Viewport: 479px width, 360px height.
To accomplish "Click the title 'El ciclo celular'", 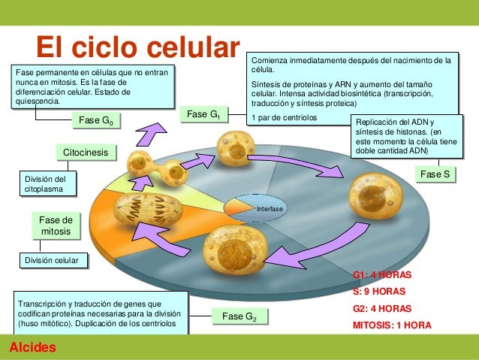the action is tap(138, 47).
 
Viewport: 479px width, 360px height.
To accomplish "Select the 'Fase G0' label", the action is tap(96, 120).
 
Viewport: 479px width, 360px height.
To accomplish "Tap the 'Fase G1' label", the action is tap(203, 114).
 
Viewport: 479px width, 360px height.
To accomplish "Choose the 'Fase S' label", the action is tap(435, 174).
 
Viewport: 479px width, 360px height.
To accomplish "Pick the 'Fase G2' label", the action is tap(239, 316).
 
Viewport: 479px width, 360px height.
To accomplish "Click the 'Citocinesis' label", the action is tap(86, 153).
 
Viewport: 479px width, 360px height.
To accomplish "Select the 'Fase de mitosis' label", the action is tap(56, 225).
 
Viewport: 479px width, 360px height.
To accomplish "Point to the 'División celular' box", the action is tap(54, 261).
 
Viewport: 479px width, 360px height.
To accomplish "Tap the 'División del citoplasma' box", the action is tap(48, 184).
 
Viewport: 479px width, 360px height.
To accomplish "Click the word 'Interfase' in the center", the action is tap(270, 209).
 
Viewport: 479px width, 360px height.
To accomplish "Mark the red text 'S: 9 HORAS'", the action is tap(379, 291).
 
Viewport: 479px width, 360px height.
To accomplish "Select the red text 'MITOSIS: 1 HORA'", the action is tap(392, 325).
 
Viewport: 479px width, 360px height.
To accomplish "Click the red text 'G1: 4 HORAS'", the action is tap(382, 274).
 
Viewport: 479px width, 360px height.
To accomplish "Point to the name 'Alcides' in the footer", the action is tap(33, 347).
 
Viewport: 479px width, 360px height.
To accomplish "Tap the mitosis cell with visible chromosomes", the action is tap(148, 209).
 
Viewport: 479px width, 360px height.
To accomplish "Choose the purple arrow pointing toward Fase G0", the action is tap(151, 134).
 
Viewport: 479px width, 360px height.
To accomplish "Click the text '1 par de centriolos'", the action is tap(284, 118).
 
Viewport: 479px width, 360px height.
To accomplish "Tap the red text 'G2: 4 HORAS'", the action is tap(382, 308).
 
